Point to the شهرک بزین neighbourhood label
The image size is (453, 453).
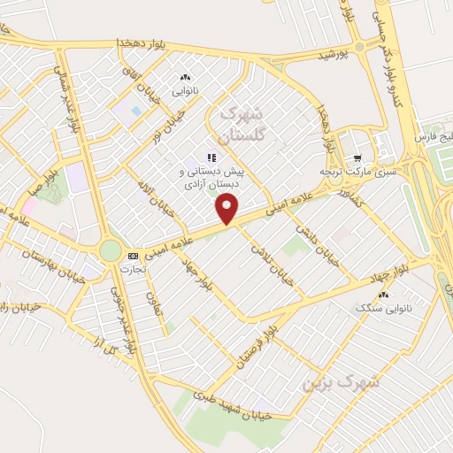click(341, 383)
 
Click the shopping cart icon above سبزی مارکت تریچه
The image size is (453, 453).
click(357, 157)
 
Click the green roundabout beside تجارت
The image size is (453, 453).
click(110, 251)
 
